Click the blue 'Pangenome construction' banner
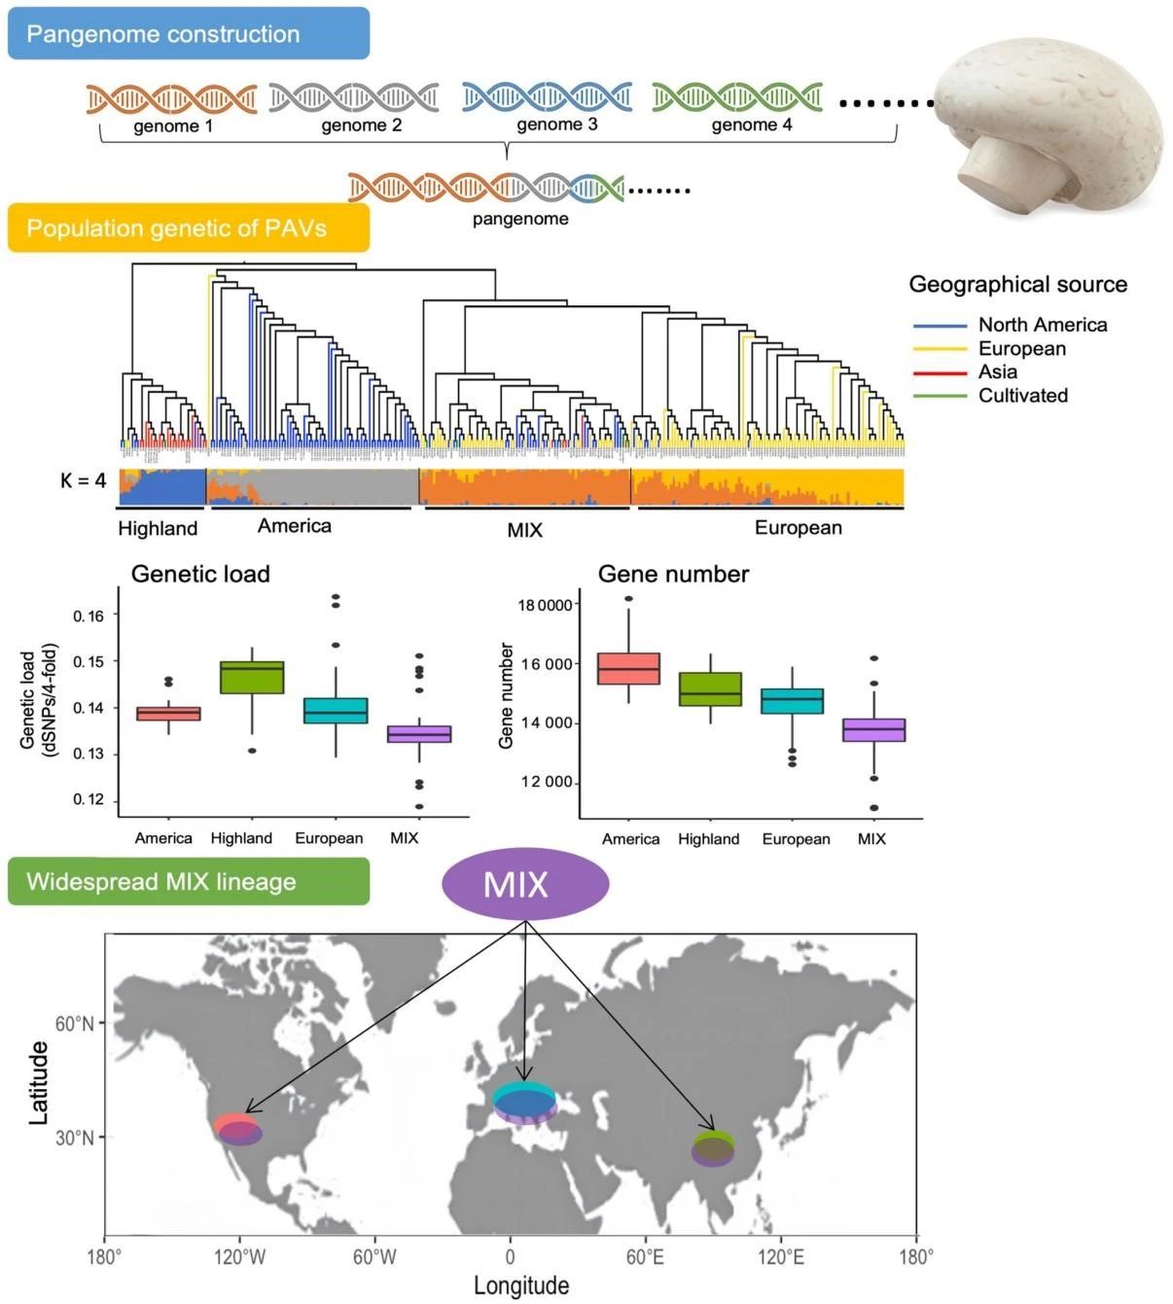coord(188,34)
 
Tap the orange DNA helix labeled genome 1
coord(171,98)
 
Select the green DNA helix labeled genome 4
coord(736,96)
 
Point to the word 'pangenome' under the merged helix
coord(520,219)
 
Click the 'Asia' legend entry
coord(997,371)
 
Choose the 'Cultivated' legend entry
coord(1022,395)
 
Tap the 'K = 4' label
coord(83,480)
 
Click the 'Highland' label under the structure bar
coord(158,528)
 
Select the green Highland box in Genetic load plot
coord(252,677)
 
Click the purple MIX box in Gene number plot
coord(873,729)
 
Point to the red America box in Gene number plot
coord(628,668)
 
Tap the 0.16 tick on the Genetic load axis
coord(89,616)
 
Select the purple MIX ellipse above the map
coord(525,884)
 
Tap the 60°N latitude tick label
coord(75,1023)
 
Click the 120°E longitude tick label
coord(780,1257)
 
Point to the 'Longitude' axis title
coord(520,1286)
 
